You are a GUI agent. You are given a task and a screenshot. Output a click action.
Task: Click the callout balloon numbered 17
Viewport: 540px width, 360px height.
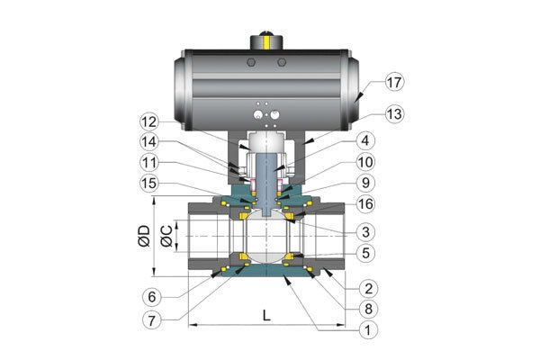[x=394, y=82]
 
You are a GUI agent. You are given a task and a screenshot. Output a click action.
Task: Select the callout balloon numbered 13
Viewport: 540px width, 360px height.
[x=394, y=114]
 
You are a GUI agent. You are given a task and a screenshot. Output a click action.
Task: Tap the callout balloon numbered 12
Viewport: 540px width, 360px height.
[x=149, y=122]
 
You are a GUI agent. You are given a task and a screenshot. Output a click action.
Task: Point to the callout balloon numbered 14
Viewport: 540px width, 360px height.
[x=149, y=142]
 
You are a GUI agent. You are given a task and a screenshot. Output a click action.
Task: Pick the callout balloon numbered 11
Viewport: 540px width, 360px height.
[x=149, y=163]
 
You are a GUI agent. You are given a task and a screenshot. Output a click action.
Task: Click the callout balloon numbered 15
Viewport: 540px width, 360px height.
[x=149, y=184]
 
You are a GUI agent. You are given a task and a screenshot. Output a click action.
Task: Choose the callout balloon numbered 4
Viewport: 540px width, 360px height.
[x=365, y=140]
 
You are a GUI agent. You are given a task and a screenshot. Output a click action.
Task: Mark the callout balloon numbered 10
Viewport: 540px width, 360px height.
[x=365, y=162]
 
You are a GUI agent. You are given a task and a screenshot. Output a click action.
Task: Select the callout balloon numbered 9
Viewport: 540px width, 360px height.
[x=365, y=183]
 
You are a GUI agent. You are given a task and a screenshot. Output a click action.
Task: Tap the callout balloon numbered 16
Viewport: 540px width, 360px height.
[x=365, y=204]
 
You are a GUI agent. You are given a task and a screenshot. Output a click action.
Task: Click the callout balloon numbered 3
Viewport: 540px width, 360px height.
[x=365, y=232]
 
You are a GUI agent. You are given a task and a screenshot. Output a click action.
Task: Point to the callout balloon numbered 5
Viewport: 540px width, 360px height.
[x=365, y=253]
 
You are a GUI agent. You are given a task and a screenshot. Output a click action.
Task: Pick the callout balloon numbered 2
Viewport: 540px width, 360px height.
[x=368, y=288]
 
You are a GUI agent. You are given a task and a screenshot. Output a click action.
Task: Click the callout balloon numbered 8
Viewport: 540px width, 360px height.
[x=368, y=309]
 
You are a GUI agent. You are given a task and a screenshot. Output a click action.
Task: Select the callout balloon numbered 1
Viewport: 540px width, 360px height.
[x=368, y=330]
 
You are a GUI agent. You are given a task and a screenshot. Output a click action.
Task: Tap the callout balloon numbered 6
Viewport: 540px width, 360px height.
[x=152, y=297]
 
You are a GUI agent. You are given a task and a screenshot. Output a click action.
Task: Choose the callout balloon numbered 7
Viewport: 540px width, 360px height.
[x=152, y=321]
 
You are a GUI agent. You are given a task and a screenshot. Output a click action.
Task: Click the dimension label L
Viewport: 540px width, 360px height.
[x=266, y=315]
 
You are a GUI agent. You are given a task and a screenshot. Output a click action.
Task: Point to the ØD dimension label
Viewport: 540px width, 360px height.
[x=144, y=236]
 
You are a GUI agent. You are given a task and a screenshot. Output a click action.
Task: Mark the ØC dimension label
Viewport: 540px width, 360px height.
[x=166, y=237]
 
